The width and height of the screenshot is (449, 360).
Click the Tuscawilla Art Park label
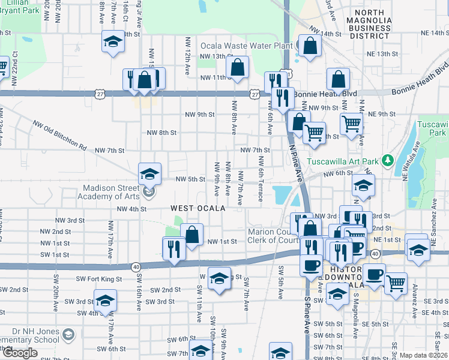(x=343, y=161)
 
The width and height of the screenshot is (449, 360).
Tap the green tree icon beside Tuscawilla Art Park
(x=388, y=160)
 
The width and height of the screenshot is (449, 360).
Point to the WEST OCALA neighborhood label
(x=197, y=208)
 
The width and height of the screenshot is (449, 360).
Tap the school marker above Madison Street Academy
(x=149, y=175)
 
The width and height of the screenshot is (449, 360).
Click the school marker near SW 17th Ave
(x=105, y=301)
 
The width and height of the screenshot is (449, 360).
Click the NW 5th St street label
(x=190, y=179)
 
